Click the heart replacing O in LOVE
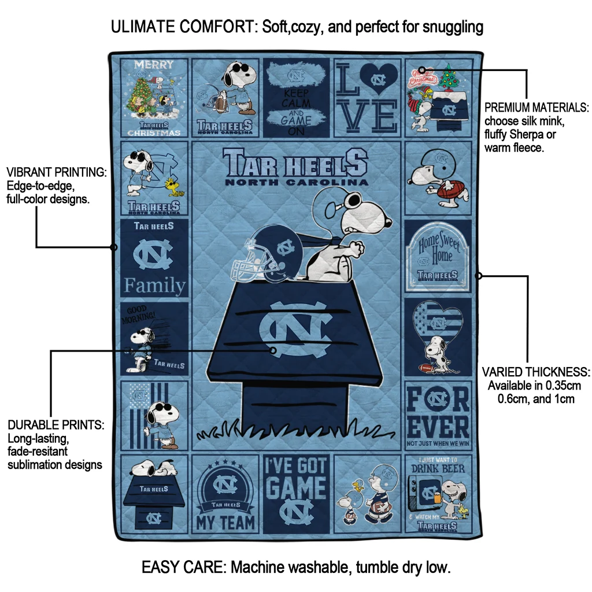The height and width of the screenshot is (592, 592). point(379,79)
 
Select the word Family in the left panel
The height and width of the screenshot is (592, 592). point(154,286)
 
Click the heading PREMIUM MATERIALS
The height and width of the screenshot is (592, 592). point(536,108)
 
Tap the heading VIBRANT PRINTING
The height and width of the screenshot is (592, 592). point(56,172)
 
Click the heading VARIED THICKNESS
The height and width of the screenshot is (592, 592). point(536,372)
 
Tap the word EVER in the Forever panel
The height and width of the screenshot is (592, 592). point(438,427)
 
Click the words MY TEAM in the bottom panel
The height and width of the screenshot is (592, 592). point(225,523)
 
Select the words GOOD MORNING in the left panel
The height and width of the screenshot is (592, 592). point(137,313)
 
